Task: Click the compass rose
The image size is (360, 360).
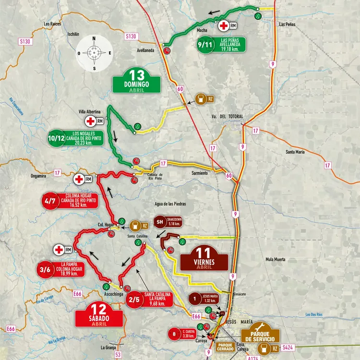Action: coord(94,53)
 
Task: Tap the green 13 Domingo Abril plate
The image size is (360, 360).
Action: coord(136,81)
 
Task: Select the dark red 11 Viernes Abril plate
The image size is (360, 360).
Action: coord(204,258)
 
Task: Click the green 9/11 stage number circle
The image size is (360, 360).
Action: coord(204,45)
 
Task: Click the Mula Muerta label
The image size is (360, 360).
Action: coord(275,259)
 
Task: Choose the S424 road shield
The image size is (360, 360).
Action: coord(288,347)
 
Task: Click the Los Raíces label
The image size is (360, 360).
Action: coord(52,23)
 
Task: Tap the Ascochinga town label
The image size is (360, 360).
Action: coord(113,293)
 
